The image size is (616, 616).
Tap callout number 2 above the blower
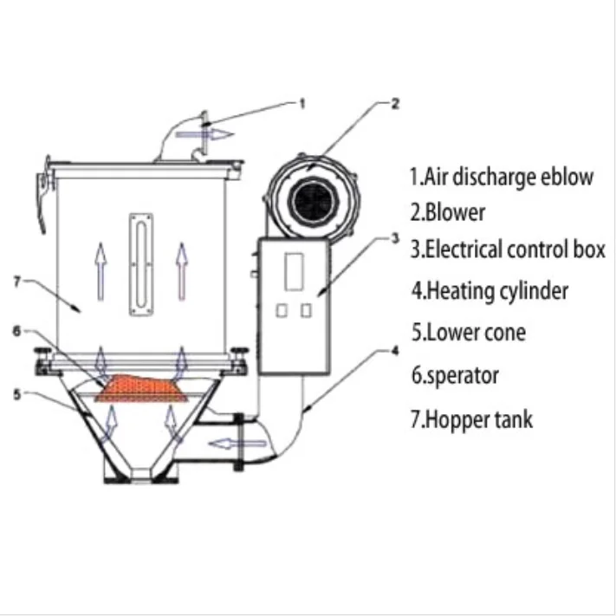click(395, 104)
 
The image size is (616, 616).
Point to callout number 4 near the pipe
click(395, 351)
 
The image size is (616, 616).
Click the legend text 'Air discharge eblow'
click(502, 177)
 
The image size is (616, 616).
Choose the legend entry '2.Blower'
click(447, 212)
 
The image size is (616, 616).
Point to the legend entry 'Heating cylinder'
click(490, 291)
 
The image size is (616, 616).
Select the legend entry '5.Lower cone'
click(468, 332)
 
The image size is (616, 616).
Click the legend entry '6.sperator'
click(455, 376)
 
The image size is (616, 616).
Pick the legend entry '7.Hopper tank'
click(471, 421)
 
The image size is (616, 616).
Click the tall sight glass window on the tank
click(137, 263)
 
